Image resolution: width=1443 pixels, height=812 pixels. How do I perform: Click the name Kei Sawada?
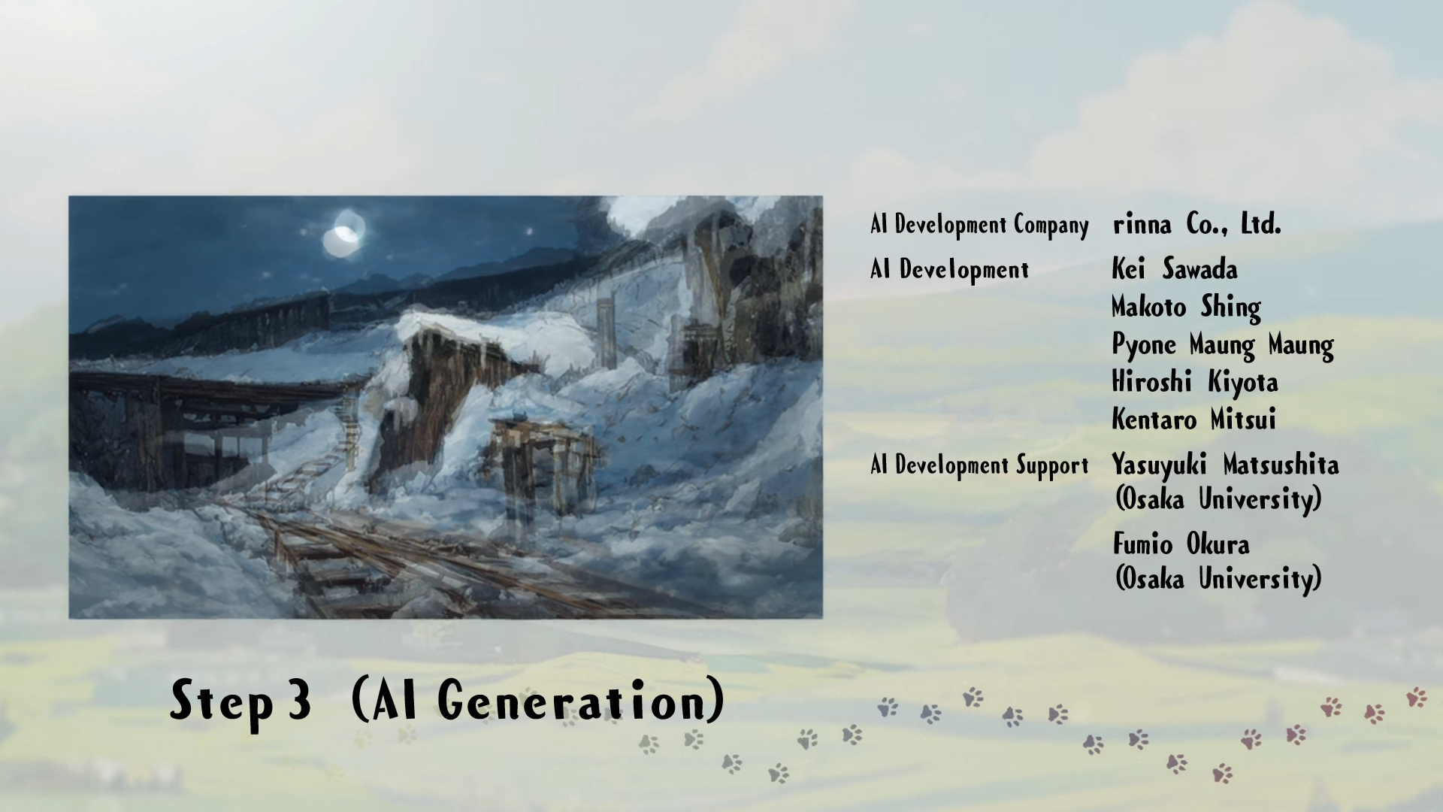[1174, 269]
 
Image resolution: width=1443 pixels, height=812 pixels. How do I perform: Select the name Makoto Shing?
[1186, 307]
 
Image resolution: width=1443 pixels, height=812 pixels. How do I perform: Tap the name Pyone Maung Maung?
[1223, 345]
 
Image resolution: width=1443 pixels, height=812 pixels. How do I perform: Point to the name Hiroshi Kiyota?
[1195, 382]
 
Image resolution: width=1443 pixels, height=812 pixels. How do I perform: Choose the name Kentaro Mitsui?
[1193, 419]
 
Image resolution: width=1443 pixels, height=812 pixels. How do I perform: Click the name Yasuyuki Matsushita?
[1225, 465]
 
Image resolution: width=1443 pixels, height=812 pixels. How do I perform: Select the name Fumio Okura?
[1181, 544]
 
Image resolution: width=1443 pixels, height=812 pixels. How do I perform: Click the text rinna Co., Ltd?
[1196, 224]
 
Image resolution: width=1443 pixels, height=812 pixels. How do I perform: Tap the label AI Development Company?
[979, 225]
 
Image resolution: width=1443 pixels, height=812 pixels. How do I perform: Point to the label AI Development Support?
[979, 465]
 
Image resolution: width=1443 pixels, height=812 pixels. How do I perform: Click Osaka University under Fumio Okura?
[1218, 579]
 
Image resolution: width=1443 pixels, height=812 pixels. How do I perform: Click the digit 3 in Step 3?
[298, 700]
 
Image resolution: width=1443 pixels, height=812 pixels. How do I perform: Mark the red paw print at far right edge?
[1417, 697]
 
